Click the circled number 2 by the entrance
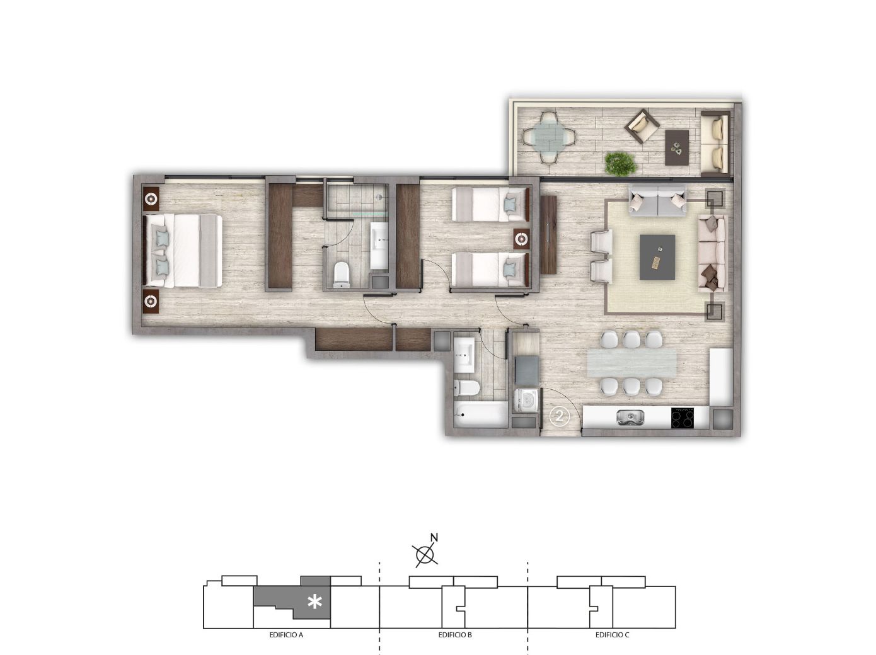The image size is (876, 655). click(559, 417)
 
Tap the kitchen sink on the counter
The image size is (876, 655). click(630, 418)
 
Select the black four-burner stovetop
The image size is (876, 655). click(683, 418)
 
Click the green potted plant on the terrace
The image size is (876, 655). click(620, 162)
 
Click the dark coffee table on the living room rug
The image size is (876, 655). click(657, 257)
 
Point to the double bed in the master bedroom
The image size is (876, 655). click(182, 251)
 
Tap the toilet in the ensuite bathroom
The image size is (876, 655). click(341, 274)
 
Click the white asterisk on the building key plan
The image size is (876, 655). click(315, 601)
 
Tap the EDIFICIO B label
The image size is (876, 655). click(455, 635)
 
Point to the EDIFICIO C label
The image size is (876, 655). click(612, 635)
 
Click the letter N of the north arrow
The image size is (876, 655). click(434, 538)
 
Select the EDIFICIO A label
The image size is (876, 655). click(286, 635)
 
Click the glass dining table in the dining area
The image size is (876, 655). click(631, 363)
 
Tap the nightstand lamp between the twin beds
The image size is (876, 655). click(521, 239)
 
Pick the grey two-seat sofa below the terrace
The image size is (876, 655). click(658, 202)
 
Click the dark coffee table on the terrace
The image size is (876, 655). click(677, 147)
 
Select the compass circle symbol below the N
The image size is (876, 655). click(425, 554)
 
